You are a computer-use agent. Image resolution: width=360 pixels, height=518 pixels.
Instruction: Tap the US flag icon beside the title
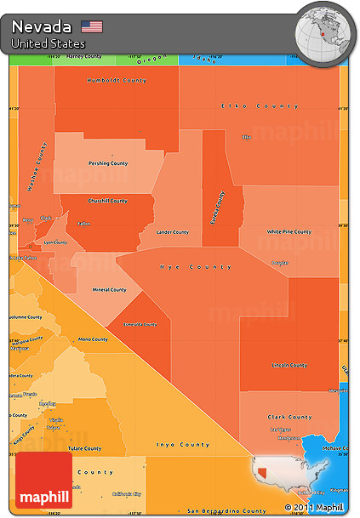tap(92, 26)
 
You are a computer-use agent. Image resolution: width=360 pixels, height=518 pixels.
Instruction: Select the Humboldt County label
tap(117, 80)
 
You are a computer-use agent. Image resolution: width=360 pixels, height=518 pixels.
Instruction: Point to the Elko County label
tap(248, 105)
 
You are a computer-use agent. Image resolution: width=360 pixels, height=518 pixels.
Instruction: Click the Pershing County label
tap(108, 163)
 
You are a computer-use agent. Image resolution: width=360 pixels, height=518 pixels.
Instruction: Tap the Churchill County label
tap(107, 201)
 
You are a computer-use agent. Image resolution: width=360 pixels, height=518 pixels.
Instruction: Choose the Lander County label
tap(173, 231)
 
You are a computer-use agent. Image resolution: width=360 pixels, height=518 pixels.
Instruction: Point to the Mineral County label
tap(109, 289)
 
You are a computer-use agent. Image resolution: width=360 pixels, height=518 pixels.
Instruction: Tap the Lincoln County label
tap(288, 365)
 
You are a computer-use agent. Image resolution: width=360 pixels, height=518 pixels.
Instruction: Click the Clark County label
tap(289, 417)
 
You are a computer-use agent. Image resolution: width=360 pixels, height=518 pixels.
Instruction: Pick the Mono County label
tap(93, 339)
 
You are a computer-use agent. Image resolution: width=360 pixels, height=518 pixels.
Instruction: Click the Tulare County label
tap(85, 448)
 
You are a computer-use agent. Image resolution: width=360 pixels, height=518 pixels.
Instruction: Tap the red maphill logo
tap(43, 481)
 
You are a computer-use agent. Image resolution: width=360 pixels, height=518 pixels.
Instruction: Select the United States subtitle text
tap(49, 43)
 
